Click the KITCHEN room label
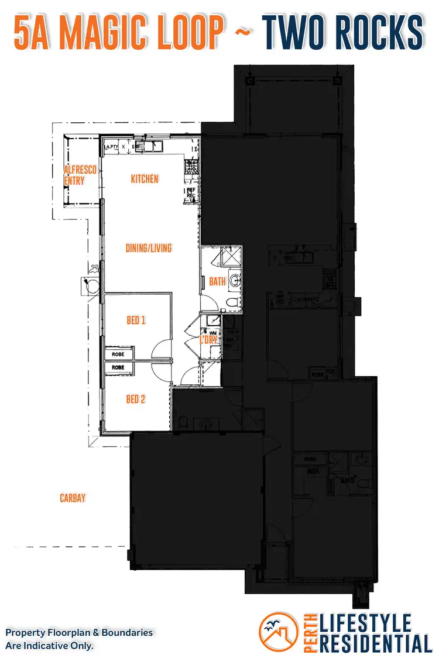tap(145, 179)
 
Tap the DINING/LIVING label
tap(149, 248)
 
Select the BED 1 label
tap(136, 321)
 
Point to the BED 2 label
tap(135, 399)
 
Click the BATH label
tap(217, 282)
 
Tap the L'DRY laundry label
tap(208, 339)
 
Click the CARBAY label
tap(73, 498)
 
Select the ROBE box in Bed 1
tap(119, 354)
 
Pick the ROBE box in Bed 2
tap(119, 367)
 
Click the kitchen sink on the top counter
tap(150, 146)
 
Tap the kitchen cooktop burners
tap(191, 168)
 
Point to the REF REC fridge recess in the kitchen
tap(191, 193)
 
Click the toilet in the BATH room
tap(231, 303)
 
